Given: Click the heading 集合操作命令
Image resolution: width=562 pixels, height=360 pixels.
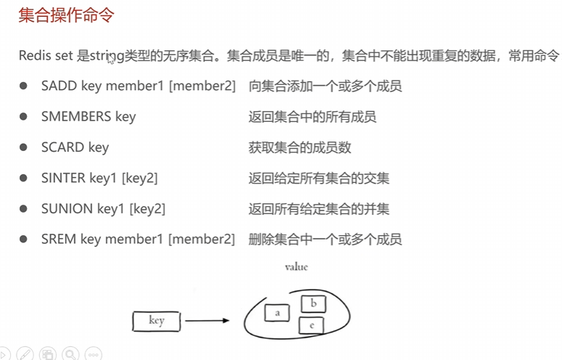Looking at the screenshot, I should [66, 15].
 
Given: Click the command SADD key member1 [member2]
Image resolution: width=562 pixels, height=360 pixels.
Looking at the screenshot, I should [138, 86].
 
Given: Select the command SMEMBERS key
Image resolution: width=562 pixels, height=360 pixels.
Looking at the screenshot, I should [88, 117].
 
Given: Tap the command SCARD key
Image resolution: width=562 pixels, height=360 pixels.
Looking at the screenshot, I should [75, 147].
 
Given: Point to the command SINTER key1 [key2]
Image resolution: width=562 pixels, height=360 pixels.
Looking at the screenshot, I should [99, 178].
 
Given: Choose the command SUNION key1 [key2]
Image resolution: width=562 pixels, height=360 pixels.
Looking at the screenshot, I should [102, 208].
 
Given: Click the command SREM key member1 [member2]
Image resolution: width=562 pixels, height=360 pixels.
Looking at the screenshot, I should [138, 239].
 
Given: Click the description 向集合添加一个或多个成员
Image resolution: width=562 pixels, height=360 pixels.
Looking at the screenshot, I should [325, 86].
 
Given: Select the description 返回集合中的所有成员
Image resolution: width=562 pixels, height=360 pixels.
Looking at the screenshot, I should [312, 117].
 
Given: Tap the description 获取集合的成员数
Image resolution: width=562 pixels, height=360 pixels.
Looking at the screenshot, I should [300, 147].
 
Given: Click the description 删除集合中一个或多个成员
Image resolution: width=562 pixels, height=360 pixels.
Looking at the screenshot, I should [325, 239].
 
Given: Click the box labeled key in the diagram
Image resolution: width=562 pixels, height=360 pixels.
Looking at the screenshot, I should [156, 320].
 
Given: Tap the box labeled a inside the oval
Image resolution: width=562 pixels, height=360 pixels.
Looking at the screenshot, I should [277, 313].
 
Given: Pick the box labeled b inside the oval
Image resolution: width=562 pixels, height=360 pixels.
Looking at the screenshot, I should [313, 303].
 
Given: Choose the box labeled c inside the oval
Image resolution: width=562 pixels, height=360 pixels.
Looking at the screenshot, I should [311, 326].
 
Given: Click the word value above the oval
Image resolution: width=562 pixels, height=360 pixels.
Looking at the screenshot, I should [296, 267].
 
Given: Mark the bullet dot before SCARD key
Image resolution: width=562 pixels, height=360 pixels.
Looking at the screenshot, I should [24, 147].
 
